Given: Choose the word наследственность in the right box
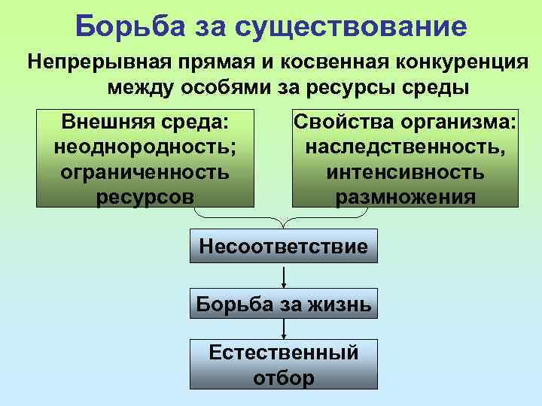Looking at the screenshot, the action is (x=405, y=147).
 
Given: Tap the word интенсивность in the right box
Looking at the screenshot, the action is (x=405, y=171).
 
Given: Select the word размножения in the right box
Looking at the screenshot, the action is (x=405, y=196).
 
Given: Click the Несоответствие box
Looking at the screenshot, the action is (x=283, y=246).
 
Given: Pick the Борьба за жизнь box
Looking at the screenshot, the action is (x=283, y=304).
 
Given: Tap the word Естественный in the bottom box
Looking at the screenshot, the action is (x=283, y=351).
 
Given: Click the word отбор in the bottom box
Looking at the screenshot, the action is (x=283, y=377).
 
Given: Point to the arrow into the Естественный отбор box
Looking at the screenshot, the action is (x=283, y=329).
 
